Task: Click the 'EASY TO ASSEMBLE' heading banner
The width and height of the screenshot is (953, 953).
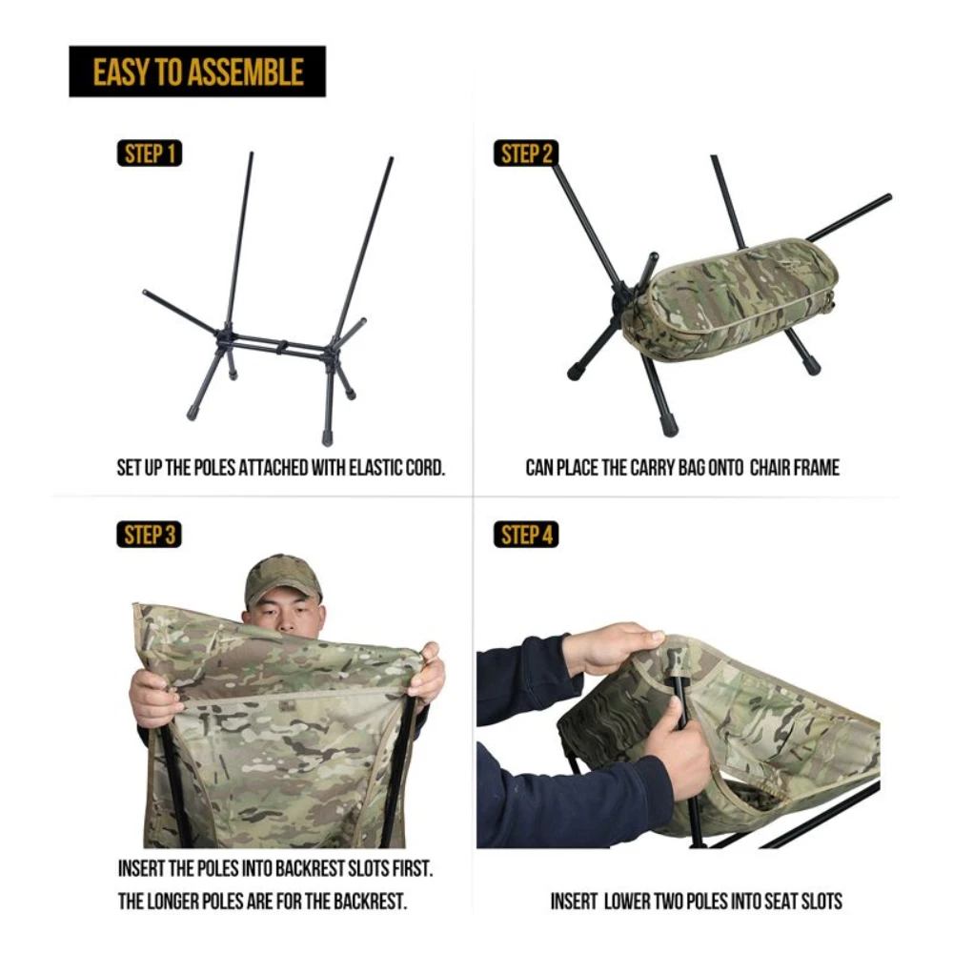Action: pos(197,71)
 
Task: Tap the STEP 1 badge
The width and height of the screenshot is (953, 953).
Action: pos(150,153)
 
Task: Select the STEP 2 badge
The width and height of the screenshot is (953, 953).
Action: pos(526,153)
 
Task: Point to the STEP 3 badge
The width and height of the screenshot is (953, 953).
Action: pos(150,535)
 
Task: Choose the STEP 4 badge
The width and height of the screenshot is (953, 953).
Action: pos(526,535)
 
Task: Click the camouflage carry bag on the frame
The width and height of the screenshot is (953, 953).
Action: pos(729,295)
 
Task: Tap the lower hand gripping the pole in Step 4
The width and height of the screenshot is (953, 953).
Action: pos(679,752)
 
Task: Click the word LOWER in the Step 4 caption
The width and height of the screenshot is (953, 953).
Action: pos(631,901)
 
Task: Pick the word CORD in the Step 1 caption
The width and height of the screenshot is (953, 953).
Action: pos(425,468)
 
